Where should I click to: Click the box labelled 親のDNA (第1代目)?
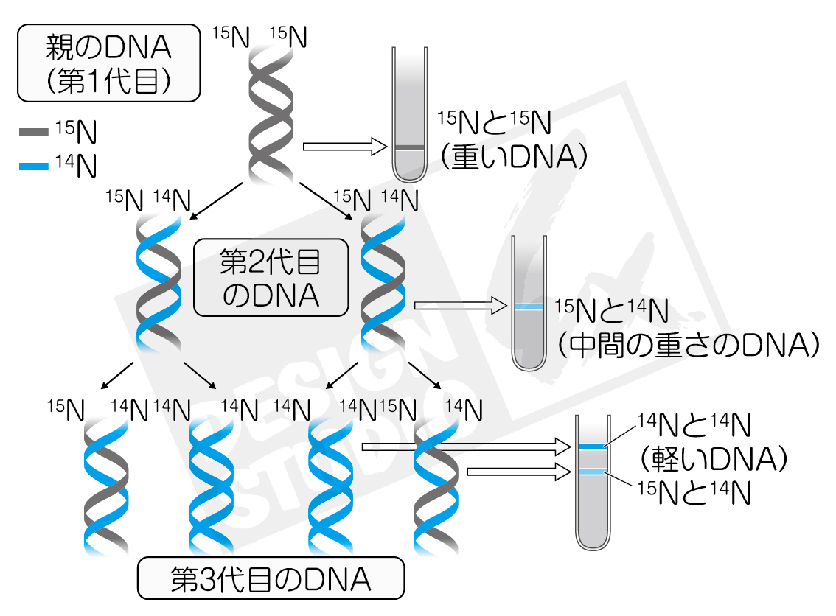point(108,63)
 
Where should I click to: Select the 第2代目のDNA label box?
point(271,278)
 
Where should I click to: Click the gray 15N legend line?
point(33,133)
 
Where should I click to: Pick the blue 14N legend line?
point(33,167)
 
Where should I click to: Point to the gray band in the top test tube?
point(410,148)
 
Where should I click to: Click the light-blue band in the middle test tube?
point(529,307)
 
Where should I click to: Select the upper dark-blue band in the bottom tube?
point(591,447)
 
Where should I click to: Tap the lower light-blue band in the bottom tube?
point(591,472)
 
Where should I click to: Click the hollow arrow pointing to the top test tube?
point(345,147)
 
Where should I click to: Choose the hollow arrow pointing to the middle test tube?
point(461,304)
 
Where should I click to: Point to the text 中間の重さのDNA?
point(689,343)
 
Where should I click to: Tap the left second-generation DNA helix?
point(159,284)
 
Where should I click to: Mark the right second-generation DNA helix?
point(383,284)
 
